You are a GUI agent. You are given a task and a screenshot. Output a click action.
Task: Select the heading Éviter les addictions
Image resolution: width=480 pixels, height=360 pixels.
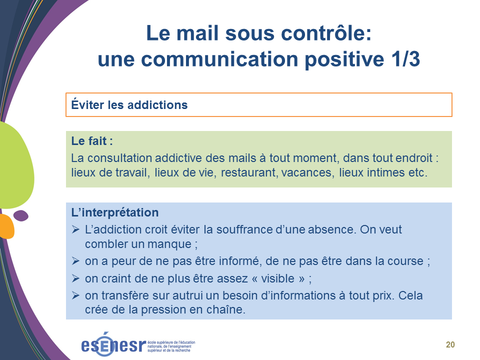pyautogui.click(x=129, y=104)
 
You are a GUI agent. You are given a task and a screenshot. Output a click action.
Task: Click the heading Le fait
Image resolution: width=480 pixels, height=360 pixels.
pyautogui.click(x=92, y=141)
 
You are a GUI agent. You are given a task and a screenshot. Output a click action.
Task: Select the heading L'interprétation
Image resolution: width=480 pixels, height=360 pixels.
pyautogui.click(x=115, y=212)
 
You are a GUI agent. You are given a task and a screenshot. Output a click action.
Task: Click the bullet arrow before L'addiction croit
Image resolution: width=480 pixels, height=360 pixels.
pyautogui.click(x=75, y=229)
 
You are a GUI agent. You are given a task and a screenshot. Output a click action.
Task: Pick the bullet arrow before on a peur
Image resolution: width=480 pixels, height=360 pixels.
pyautogui.click(x=75, y=261)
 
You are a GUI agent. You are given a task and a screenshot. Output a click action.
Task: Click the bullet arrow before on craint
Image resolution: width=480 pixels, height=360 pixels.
pyautogui.click(x=75, y=278)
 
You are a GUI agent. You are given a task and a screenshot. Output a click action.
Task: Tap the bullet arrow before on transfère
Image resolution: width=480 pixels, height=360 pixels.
pyautogui.click(x=75, y=295)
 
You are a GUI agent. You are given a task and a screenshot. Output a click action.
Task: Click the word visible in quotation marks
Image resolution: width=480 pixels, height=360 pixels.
pyautogui.click(x=277, y=278)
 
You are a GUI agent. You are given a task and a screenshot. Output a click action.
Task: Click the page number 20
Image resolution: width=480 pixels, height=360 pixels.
pyautogui.click(x=450, y=344)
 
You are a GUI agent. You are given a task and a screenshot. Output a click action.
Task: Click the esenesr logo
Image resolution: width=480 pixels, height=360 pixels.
pyautogui.click(x=138, y=344)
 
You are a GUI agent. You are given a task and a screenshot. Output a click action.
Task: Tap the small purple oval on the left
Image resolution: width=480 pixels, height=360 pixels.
pyautogui.click(x=21, y=215)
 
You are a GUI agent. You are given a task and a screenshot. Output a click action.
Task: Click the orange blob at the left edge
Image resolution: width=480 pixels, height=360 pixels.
pyautogui.click(x=6, y=226)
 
